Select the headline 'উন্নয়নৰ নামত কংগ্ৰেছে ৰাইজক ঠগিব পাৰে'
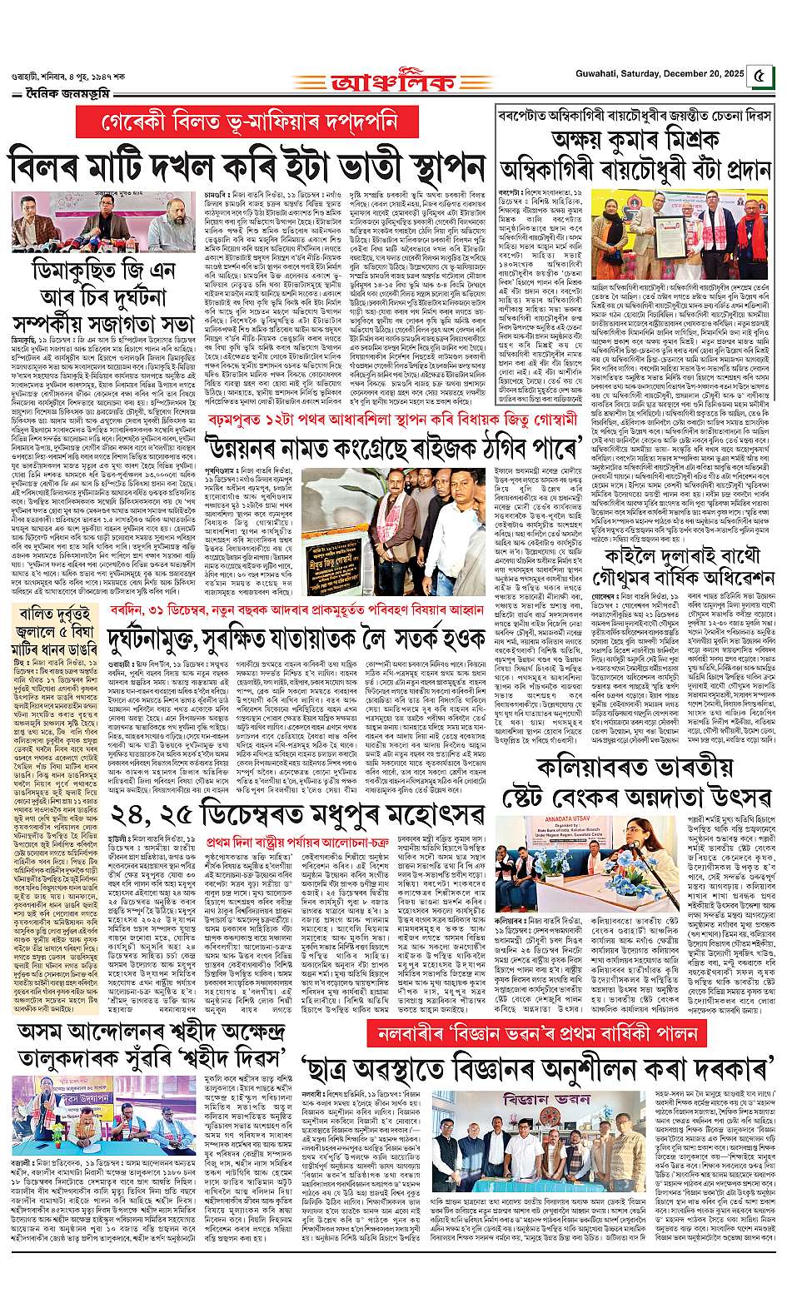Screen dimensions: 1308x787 [x=331, y=439]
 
